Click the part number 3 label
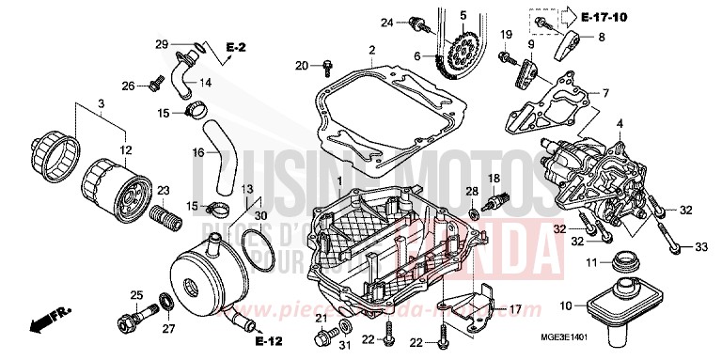click(x=101, y=102)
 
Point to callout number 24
click(x=386, y=22)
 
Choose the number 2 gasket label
click(x=372, y=50)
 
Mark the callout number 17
click(x=514, y=309)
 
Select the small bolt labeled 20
click(x=325, y=66)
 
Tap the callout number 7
click(x=605, y=93)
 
